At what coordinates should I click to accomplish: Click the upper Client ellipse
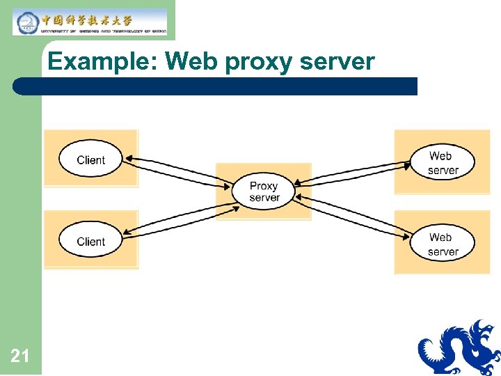(x=90, y=159)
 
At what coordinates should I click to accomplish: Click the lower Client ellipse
(x=90, y=241)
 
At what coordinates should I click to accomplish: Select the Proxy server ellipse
(x=264, y=191)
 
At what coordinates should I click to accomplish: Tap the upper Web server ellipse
(x=443, y=163)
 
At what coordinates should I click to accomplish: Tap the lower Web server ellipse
(x=443, y=244)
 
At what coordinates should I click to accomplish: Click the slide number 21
(x=20, y=357)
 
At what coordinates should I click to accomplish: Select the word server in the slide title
(x=337, y=63)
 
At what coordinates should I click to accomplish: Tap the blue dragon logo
(x=459, y=347)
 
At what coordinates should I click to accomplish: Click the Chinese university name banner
(x=90, y=22)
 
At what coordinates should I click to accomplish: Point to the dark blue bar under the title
(x=216, y=86)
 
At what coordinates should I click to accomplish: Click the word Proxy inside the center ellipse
(x=264, y=186)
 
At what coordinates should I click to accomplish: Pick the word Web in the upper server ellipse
(x=440, y=157)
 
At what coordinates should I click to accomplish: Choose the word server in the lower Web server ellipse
(x=443, y=251)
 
